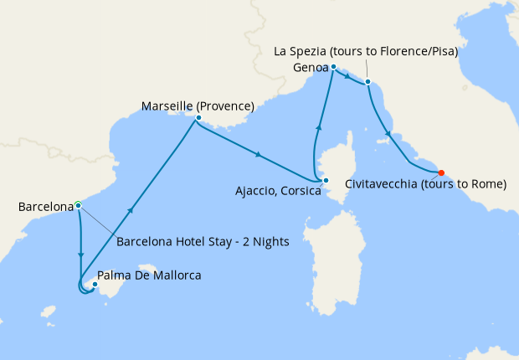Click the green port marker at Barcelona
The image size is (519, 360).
point(78,204)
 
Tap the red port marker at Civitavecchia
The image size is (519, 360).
point(441,173)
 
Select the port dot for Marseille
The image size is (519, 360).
point(198,118)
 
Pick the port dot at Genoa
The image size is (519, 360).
point(333,66)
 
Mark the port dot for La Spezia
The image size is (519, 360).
point(367,82)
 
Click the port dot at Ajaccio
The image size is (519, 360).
point(326,180)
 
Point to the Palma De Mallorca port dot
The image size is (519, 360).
point(95,285)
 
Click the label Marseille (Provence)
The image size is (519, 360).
point(198,105)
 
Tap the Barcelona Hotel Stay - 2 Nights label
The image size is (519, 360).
point(203,242)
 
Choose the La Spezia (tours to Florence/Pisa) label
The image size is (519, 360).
point(366,52)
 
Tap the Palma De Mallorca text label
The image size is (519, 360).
point(149,275)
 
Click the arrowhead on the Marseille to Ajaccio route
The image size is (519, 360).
point(259,154)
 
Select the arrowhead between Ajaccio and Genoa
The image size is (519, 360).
point(318,126)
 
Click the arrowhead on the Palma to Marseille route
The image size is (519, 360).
point(131,210)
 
